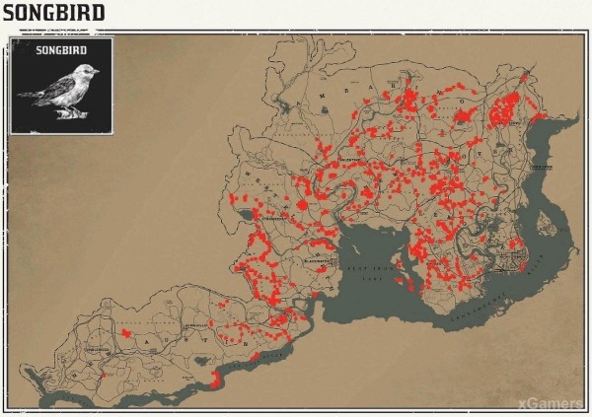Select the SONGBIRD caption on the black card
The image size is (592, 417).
pos(62,48)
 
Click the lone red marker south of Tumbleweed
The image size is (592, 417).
pos(103,375)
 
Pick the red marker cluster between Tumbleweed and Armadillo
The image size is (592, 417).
pos(126,334)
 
